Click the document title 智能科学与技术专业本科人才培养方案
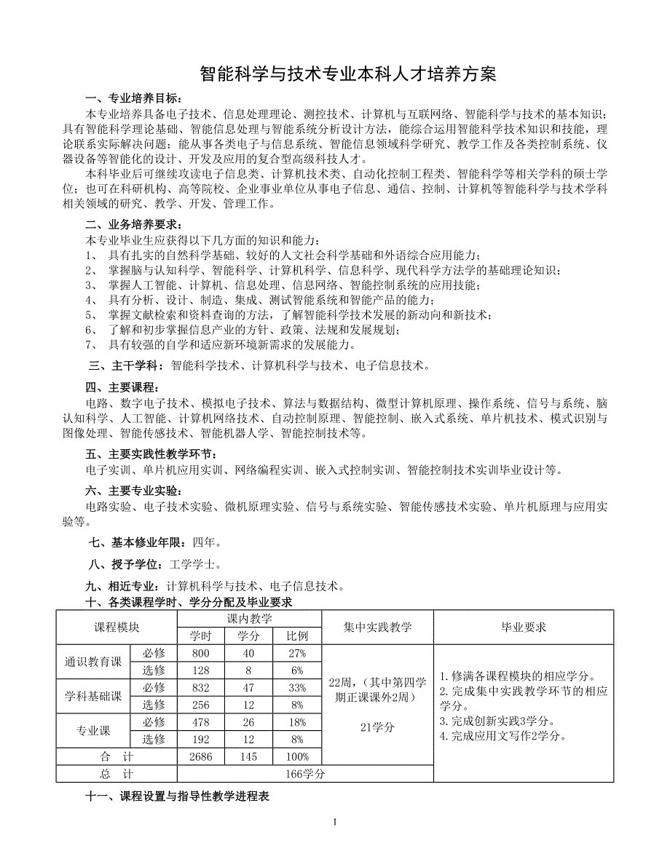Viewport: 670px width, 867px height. pos(349,75)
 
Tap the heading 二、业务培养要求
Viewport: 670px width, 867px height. pos(135,224)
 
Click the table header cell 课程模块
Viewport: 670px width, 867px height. pos(117,627)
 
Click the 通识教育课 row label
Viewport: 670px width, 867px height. pos(92,662)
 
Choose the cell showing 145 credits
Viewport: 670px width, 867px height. pos(248,757)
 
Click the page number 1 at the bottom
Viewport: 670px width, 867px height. pos(334,823)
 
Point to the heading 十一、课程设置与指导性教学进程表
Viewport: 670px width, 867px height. pos(178,797)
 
